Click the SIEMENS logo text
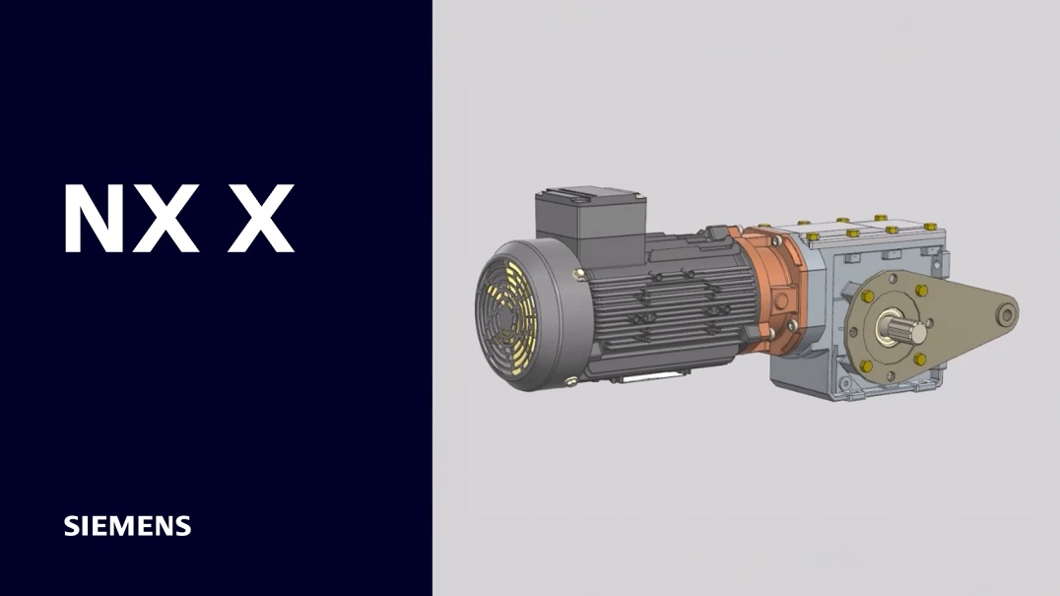click(x=127, y=526)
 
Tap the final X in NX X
click(x=260, y=219)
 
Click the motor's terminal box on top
click(x=590, y=219)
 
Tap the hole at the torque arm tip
click(x=1007, y=314)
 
